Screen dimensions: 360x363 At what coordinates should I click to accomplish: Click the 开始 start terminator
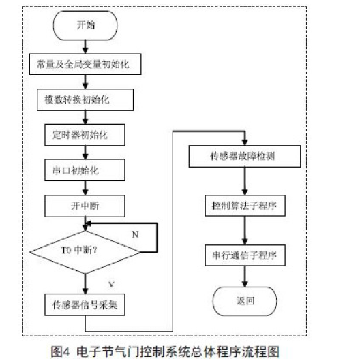click(85, 25)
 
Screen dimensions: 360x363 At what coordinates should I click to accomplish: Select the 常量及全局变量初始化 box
click(85, 64)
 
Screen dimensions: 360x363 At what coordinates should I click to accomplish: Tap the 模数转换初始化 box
click(85, 99)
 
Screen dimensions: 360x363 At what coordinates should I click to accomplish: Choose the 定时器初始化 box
click(85, 135)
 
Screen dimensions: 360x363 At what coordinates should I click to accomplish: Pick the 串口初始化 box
click(85, 170)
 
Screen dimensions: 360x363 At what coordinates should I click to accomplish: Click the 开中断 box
click(85, 206)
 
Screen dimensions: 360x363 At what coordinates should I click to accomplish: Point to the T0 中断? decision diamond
click(85, 252)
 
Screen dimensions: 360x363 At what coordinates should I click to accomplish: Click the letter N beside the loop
click(136, 234)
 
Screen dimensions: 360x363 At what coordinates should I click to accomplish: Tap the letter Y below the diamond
click(112, 285)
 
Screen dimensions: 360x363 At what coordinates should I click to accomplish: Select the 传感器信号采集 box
click(85, 304)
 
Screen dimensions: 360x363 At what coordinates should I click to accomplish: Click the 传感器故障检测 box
click(245, 156)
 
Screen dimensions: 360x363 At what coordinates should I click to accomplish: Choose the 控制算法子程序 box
click(245, 206)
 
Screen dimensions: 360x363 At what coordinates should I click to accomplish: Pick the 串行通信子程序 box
click(245, 255)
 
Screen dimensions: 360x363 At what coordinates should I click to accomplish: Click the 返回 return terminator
click(245, 301)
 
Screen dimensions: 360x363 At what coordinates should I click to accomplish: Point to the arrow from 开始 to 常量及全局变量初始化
click(85, 47)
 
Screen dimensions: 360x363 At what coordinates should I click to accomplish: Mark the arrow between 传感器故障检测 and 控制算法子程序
click(245, 181)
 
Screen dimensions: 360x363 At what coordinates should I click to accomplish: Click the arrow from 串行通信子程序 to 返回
click(245, 277)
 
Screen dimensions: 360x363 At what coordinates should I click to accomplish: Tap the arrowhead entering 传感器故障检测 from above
click(245, 142)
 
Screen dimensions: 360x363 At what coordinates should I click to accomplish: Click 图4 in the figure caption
click(60, 352)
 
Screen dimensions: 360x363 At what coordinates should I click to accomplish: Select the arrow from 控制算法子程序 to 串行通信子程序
click(245, 231)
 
